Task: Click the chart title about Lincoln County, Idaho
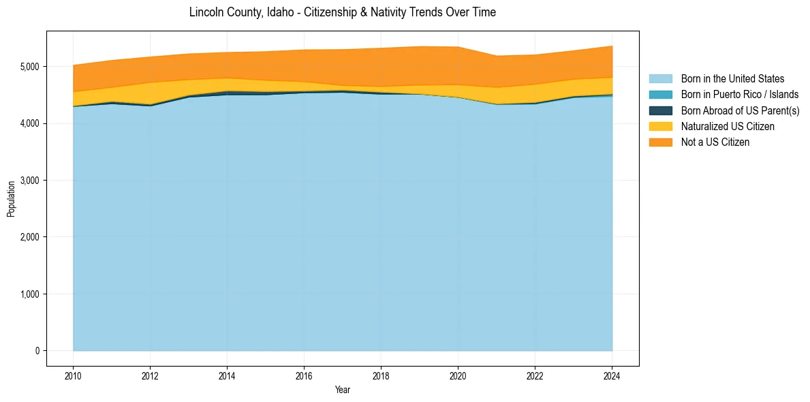click(x=343, y=12)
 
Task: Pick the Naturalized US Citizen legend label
click(x=728, y=126)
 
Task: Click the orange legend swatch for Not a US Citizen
click(x=660, y=142)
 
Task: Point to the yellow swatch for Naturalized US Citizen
click(x=660, y=126)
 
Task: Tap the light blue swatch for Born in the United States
click(x=660, y=79)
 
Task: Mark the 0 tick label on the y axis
click(x=37, y=351)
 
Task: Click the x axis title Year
click(x=343, y=390)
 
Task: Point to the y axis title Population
click(x=11, y=199)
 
